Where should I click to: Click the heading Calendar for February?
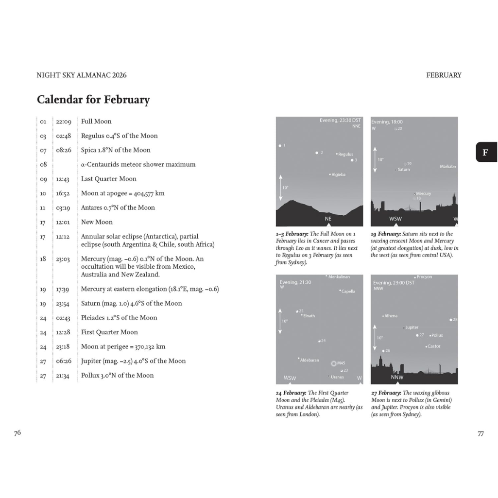[93, 100]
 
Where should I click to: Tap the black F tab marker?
[485, 152]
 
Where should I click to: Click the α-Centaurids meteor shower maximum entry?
[138, 165]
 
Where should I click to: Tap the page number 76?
[17, 433]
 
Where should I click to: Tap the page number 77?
[481, 434]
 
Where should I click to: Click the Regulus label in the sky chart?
[345, 155]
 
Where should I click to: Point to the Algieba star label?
[339, 174]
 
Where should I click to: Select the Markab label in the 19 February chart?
[446, 167]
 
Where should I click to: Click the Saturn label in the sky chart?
[404, 170]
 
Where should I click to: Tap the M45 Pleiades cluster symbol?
[334, 363]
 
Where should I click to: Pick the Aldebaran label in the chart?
[309, 360]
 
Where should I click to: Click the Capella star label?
[348, 292]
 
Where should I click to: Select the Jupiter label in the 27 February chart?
[412, 327]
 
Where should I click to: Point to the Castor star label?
[434, 346]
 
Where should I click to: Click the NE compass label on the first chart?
[328, 219]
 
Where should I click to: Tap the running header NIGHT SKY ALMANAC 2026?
[82, 75]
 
